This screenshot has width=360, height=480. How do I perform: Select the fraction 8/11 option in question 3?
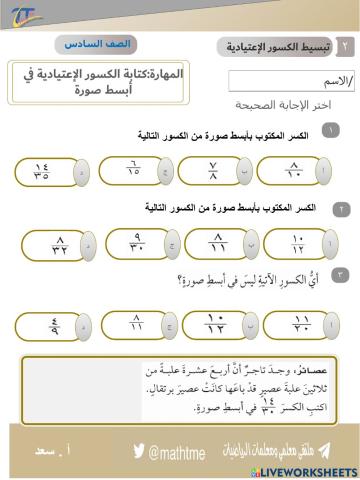(136, 323)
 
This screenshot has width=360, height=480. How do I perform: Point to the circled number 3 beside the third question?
(341, 273)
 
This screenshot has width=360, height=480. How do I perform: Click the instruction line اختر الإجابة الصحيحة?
(291, 104)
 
